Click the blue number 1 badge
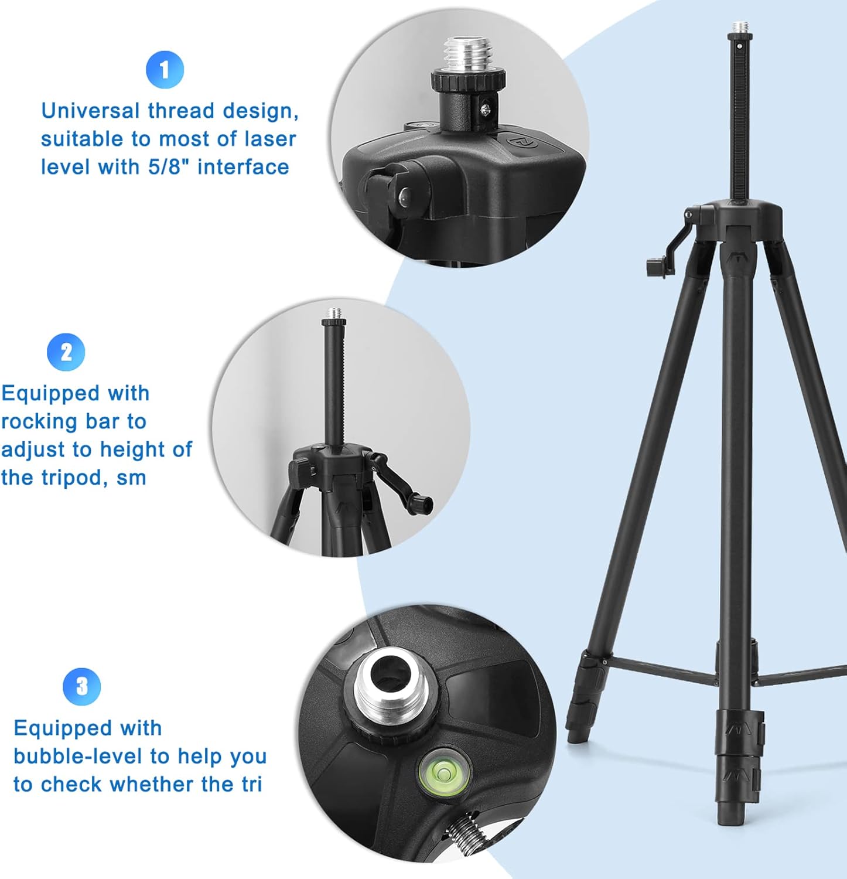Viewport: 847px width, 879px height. pyautogui.click(x=165, y=70)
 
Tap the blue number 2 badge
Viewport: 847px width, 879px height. pyautogui.click(x=66, y=352)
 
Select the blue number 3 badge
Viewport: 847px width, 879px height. pyautogui.click(x=82, y=686)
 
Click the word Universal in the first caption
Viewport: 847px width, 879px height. pyautogui.click(x=90, y=111)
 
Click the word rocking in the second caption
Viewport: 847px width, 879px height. pyautogui.click(x=39, y=421)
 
